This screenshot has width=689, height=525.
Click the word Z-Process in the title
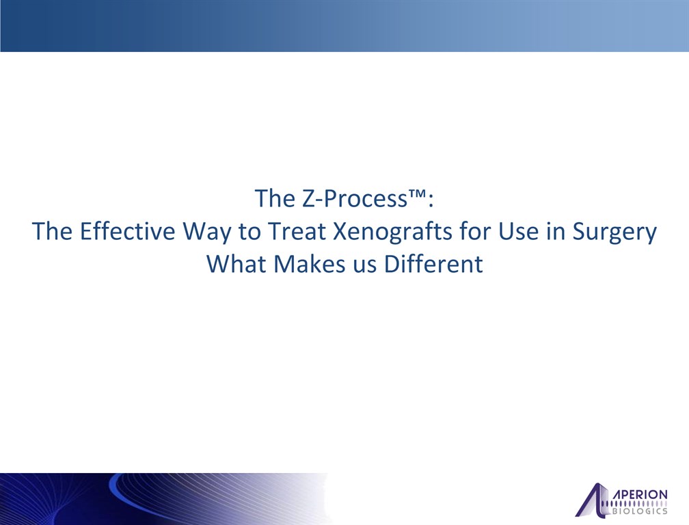tap(354, 198)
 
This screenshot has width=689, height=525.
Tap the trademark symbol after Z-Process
tap(417, 193)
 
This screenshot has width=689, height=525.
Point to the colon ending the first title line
tap(431, 201)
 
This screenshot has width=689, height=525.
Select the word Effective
tap(128, 231)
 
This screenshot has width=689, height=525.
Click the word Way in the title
tap(207, 233)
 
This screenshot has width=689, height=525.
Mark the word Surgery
tap(614, 233)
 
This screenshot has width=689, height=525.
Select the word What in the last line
tap(236, 264)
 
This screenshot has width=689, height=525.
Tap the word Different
tap(433, 264)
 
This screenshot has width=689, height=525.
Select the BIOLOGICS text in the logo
tap(640, 511)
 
